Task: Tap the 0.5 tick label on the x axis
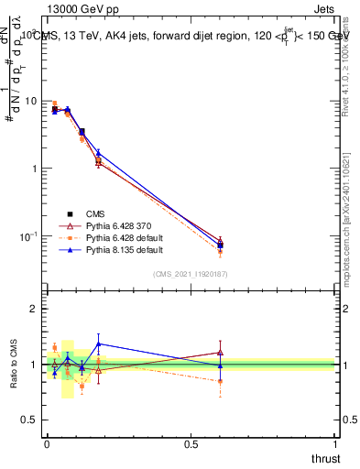click(191, 444)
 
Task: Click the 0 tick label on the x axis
click(47, 444)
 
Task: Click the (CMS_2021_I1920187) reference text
click(191, 273)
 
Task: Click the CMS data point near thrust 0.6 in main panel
click(220, 245)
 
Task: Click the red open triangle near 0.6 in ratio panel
click(220, 352)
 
